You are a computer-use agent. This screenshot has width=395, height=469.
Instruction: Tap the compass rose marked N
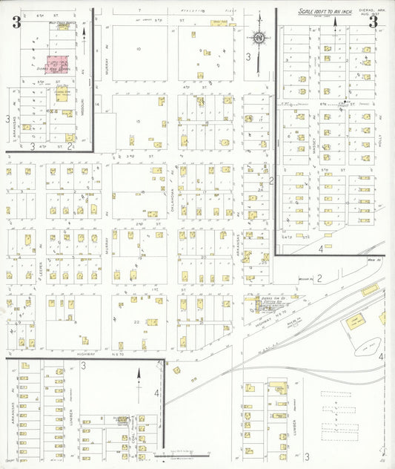pyautogui.click(x=259, y=38)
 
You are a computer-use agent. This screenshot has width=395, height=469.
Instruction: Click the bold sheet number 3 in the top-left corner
pyautogui.click(x=16, y=22)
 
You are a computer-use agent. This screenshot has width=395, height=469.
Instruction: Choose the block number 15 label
pyautogui.click(x=138, y=121)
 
